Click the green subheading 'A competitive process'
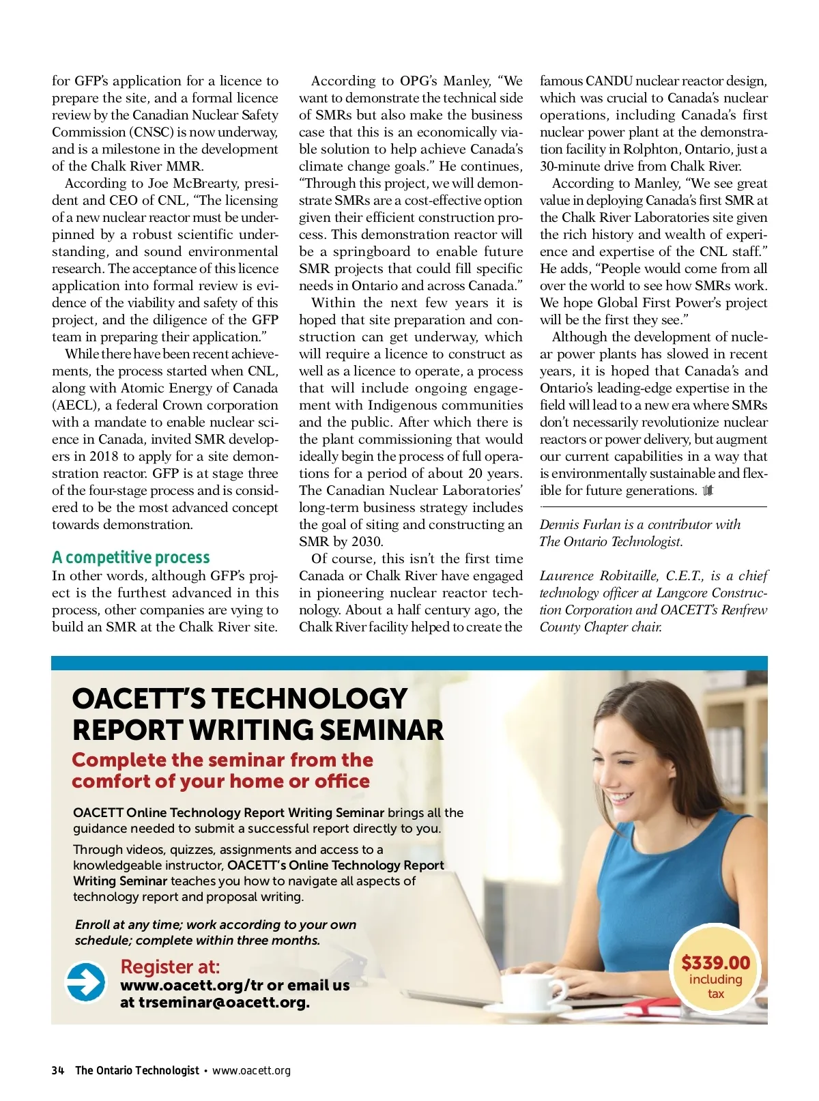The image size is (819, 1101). point(131,558)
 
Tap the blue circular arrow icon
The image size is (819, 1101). point(85,982)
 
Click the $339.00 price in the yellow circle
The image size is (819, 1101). point(715,963)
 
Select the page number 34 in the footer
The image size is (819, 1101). point(57,1070)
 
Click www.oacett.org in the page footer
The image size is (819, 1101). point(251,1070)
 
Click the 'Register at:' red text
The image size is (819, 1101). point(170,967)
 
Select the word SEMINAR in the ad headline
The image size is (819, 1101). point(382,730)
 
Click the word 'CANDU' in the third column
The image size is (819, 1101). point(609,81)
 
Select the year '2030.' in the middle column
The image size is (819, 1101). point(364,541)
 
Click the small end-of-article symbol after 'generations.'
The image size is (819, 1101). point(708,490)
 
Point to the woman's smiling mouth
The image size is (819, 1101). point(621,796)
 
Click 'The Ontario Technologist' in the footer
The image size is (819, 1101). point(137,1070)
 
